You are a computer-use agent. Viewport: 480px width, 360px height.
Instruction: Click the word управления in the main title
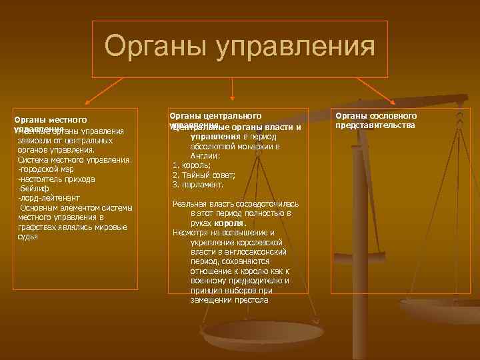coord(291,47)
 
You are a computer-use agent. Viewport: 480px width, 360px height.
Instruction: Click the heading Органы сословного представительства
coord(377,121)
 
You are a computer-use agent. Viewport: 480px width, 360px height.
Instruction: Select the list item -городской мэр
coord(46,169)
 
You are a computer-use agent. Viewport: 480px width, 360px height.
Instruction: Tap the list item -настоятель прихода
coord(57,179)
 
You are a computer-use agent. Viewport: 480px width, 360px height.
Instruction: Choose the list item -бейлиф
coord(31,189)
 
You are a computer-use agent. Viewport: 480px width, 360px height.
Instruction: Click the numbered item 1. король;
coord(191,165)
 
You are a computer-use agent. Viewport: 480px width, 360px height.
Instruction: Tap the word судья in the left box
coord(28,237)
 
